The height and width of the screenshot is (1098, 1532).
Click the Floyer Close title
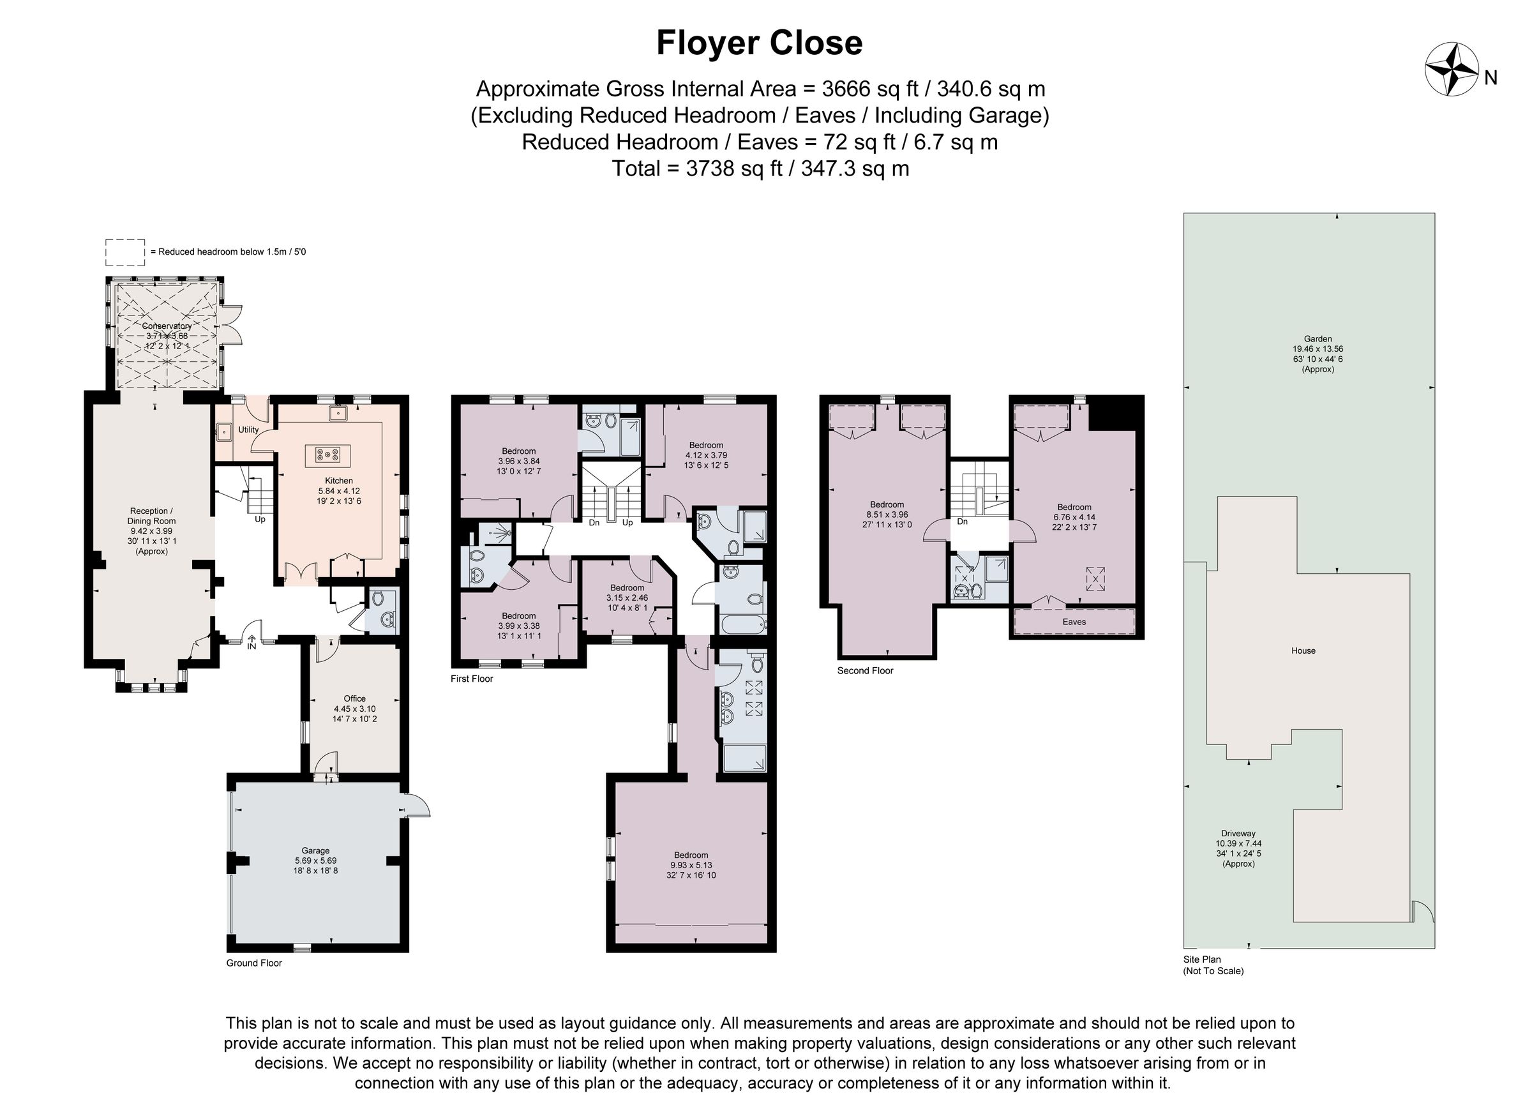[x=759, y=43]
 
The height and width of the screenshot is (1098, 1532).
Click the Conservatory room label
[x=167, y=335]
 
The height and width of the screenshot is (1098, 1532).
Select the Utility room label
[x=248, y=430]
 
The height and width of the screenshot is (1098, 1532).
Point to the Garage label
[x=315, y=860]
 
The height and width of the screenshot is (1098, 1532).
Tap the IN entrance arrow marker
[x=252, y=642]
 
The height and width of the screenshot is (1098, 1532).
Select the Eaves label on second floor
[x=1073, y=622]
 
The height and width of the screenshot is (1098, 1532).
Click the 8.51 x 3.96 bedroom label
[x=886, y=514]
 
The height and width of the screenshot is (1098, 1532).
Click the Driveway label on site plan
[x=1238, y=848]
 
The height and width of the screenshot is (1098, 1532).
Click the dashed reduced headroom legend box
[x=125, y=252]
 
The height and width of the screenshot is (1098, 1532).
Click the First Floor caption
[x=472, y=679]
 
